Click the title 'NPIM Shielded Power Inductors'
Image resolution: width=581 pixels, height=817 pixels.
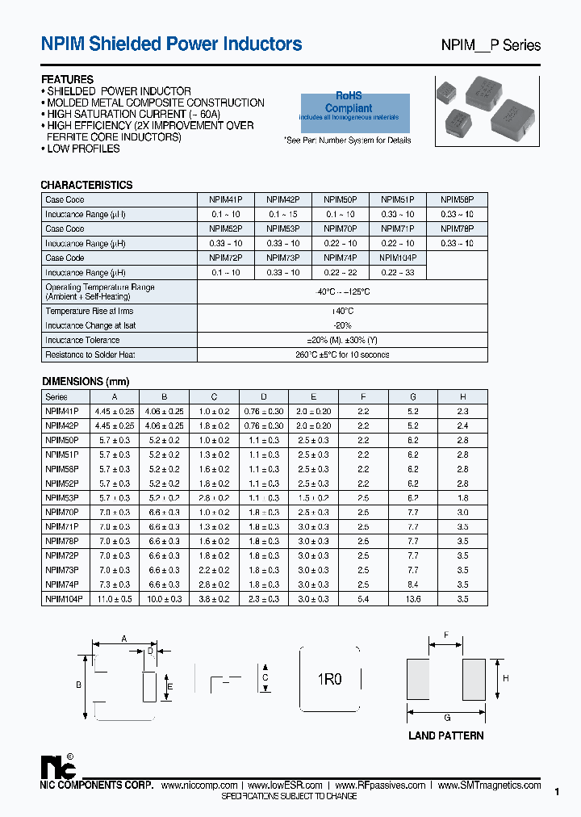tap(171, 44)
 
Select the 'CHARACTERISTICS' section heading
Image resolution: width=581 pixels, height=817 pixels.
tap(86, 185)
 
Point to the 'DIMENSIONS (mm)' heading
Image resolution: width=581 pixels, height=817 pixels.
tap(85, 381)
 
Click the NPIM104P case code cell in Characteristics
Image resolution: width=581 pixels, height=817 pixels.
tap(397, 258)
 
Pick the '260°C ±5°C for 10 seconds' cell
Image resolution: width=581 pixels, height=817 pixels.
tap(342, 355)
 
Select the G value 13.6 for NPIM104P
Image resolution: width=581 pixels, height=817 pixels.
tap(413, 599)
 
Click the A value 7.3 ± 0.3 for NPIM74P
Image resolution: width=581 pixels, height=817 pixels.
tap(115, 584)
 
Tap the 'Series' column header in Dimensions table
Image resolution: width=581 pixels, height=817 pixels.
tap(56, 396)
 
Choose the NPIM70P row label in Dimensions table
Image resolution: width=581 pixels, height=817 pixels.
tap(62, 512)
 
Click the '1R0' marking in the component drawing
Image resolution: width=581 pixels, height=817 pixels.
tap(329, 680)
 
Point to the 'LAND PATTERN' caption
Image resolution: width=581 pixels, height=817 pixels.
tap(446, 735)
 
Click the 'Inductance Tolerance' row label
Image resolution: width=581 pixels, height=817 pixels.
tap(82, 341)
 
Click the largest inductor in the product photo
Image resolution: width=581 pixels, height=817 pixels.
tap(513, 121)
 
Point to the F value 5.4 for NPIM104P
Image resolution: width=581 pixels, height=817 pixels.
tap(363, 599)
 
